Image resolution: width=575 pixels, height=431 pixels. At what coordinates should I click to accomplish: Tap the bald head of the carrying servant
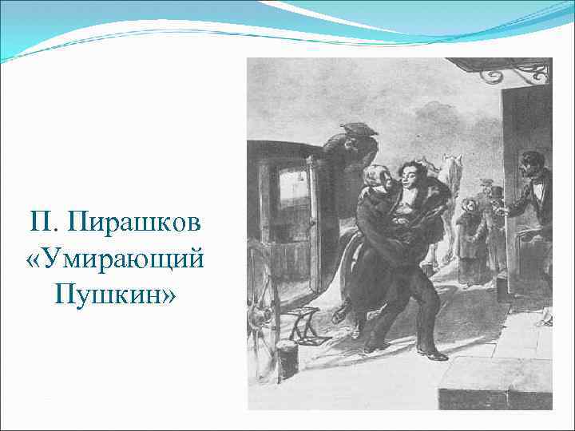click(x=373, y=173)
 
